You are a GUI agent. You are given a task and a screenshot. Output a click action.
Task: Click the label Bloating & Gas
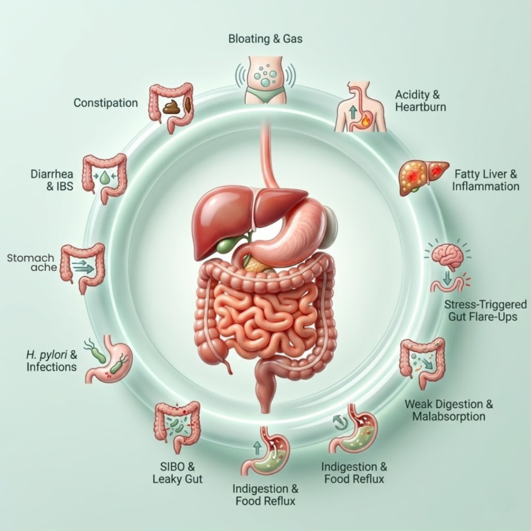pyautogui.click(x=265, y=39)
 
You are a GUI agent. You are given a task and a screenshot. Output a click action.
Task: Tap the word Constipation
pyautogui.click(x=106, y=103)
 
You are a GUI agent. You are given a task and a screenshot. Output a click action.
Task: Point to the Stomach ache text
pyautogui.click(x=30, y=263)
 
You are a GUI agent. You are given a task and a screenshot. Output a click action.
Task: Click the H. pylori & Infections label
pyautogui.click(x=52, y=361)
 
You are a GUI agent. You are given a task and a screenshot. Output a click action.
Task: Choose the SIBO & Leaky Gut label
pyautogui.click(x=177, y=472)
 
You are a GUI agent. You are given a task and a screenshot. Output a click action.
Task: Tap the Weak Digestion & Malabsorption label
pyautogui.click(x=448, y=410)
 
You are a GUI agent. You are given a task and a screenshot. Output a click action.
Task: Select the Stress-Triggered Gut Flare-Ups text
pyautogui.click(x=485, y=311)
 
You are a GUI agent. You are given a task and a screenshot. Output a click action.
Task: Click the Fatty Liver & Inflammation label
pyautogui.click(x=485, y=179)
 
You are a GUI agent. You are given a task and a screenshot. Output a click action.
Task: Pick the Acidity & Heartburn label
pyautogui.click(x=420, y=101)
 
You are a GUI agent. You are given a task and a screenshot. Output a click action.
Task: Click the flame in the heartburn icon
pyautogui.click(x=365, y=122)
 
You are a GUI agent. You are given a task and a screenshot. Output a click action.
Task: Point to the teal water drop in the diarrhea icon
pyautogui.click(x=105, y=178)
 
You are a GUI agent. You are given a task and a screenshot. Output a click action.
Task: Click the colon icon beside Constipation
pyautogui.click(x=171, y=104)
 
